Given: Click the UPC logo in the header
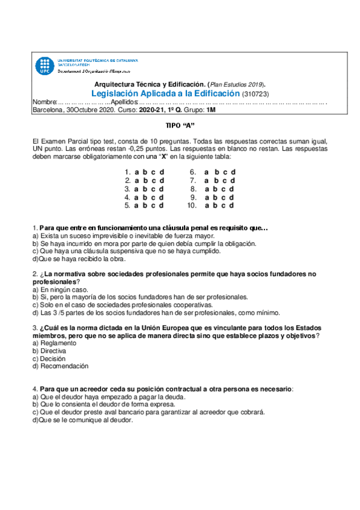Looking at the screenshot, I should pos(44,66).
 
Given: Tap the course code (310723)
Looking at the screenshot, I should pos(255,95).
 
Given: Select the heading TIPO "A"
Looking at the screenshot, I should pos(180,126).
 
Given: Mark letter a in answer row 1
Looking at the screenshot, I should pos(137,171).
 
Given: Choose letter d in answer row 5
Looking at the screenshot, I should pos(162,205).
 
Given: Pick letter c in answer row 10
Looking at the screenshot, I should pos(224,205).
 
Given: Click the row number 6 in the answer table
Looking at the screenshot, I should pos(192,171).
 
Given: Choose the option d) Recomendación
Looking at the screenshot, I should pos(60,366).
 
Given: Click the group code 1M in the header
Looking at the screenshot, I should pos(210,111).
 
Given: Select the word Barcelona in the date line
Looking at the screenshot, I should pos(48,111).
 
